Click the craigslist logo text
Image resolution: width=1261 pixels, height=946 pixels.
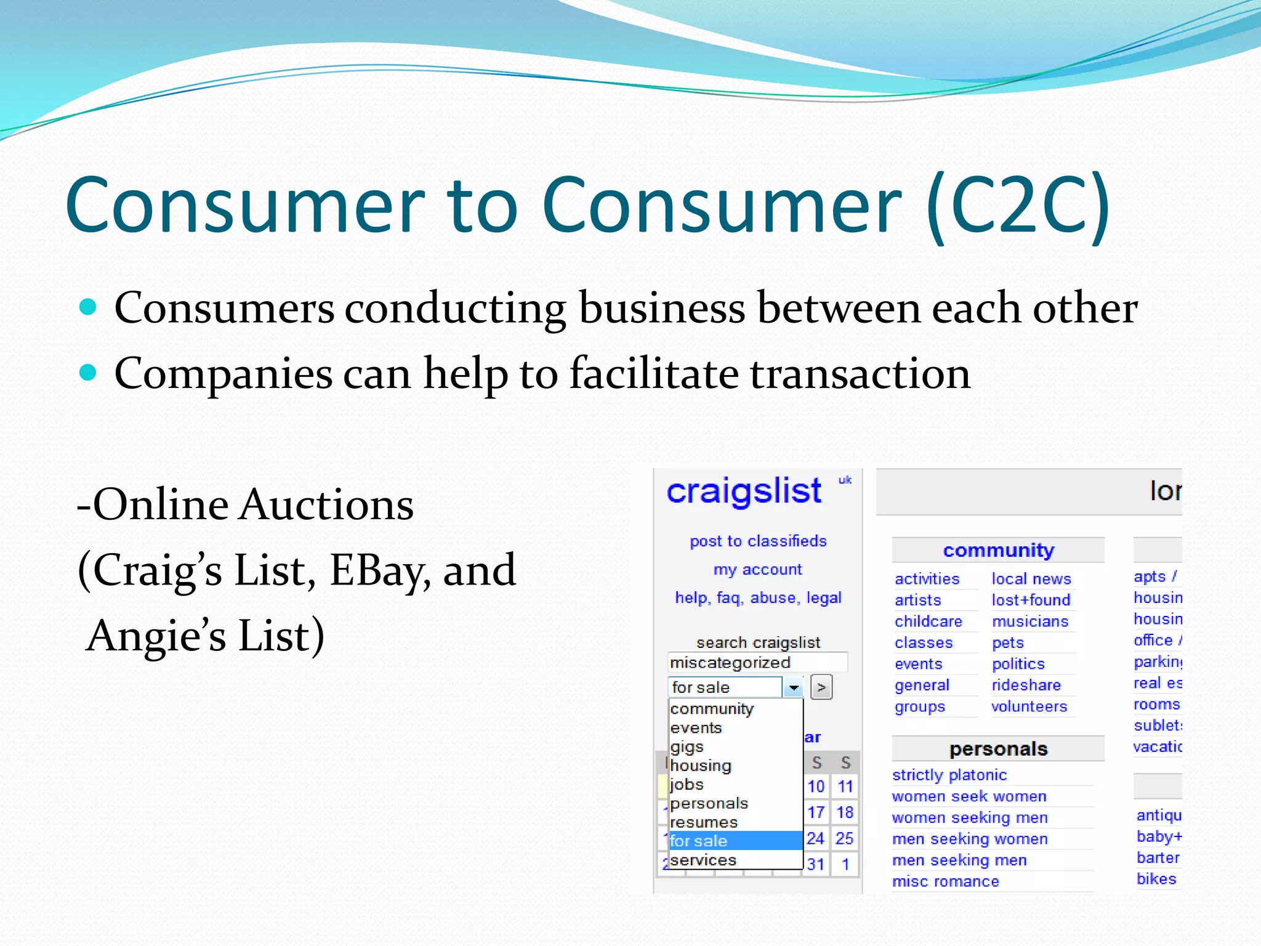click(744, 492)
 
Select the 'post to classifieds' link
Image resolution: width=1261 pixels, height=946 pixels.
click(758, 541)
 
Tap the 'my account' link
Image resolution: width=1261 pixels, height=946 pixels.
click(758, 570)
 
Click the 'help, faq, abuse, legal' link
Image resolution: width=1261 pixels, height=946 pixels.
click(758, 598)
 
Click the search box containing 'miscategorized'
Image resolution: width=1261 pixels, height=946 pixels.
click(757, 663)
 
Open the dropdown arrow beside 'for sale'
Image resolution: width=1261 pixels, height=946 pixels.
click(793, 687)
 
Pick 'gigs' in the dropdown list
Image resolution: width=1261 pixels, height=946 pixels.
click(687, 747)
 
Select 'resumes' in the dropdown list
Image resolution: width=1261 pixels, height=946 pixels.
click(704, 822)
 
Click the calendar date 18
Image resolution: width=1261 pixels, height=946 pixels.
click(845, 812)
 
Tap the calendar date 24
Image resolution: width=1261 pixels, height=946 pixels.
click(815, 838)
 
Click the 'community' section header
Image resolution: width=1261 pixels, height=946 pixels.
click(998, 550)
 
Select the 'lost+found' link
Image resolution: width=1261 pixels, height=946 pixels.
click(1031, 600)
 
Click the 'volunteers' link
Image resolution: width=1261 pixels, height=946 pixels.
click(1029, 706)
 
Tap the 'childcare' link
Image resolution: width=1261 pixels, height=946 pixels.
click(928, 621)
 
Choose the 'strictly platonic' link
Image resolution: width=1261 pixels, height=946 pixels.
click(949, 775)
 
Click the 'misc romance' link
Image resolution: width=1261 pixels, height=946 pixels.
click(945, 881)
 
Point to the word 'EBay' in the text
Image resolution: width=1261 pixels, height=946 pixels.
click(376, 570)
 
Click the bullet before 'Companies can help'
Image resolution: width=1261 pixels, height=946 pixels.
click(89, 372)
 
